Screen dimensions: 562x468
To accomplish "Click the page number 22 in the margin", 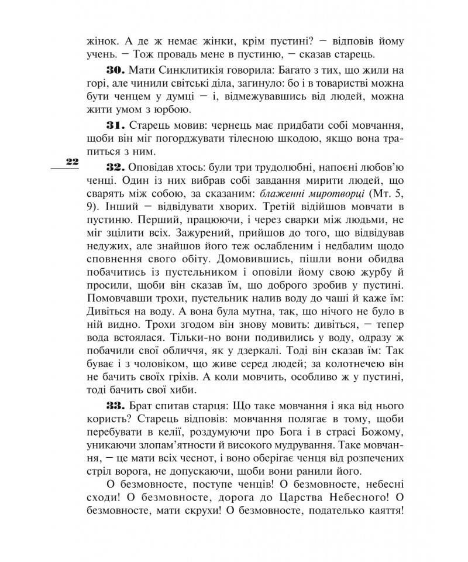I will coord(72,162).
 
